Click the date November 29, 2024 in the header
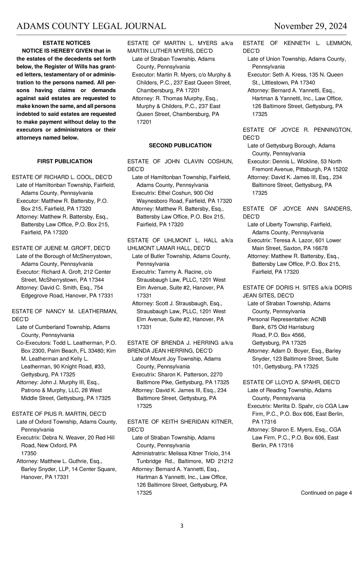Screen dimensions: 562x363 (x=310, y=26)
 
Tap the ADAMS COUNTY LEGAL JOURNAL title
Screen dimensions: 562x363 (x=91, y=26)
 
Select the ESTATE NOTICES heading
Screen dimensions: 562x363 (x=66, y=43)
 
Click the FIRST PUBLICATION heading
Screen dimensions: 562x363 (x=65, y=161)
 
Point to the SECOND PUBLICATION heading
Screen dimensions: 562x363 (x=180, y=146)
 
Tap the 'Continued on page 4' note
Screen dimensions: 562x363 (x=326, y=493)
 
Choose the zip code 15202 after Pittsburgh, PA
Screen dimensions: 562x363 (x=339, y=169)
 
